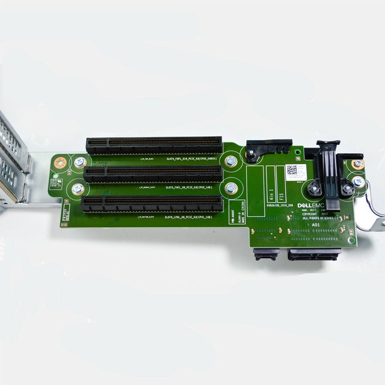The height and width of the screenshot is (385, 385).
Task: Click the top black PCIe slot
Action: (x=154, y=145)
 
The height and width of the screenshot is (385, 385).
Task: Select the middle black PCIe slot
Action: (x=154, y=174)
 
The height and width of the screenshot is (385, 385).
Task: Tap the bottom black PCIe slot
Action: (x=153, y=203)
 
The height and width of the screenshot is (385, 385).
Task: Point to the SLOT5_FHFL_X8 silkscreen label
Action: (x=188, y=187)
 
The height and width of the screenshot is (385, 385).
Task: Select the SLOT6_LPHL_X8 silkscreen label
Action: (x=188, y=217)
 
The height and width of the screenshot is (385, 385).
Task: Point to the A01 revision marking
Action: (x=315, y=224)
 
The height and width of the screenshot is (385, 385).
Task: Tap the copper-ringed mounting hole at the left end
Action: (x=60, y=162)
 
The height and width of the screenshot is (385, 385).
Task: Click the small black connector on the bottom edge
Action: (x=266, y=254)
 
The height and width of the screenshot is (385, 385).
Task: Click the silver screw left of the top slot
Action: (x=79, y=162)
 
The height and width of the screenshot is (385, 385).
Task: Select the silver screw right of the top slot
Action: (x=230, y=161)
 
